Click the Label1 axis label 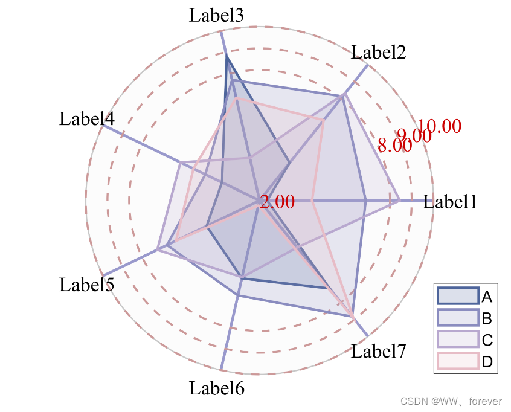450,202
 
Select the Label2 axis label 378,53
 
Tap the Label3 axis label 216,15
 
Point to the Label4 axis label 86,119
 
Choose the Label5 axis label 86,285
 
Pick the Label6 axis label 216,388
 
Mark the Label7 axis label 379,350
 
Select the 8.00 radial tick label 394,145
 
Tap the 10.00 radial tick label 439,126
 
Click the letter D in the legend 487,362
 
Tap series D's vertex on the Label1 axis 312,200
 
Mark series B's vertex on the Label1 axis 366,200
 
